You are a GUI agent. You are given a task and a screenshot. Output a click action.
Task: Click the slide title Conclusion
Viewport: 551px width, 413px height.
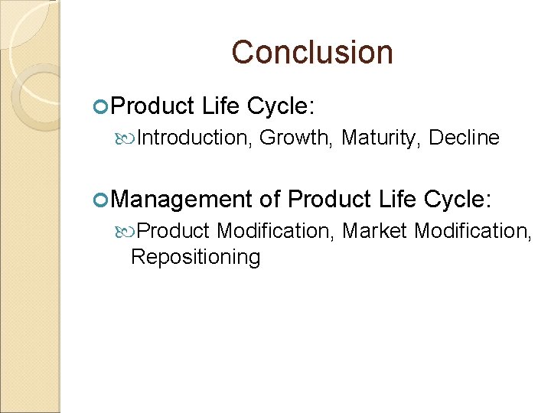(x=312, y=53)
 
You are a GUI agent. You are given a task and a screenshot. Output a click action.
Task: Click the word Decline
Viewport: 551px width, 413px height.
(x=464, y=138)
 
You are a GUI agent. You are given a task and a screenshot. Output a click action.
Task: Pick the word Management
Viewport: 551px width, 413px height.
(x=181, y=200)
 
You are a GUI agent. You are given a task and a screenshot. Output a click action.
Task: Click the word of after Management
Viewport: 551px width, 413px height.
(x=270, y=200)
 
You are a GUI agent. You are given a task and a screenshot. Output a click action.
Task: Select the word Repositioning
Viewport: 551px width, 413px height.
(x=195, y=257)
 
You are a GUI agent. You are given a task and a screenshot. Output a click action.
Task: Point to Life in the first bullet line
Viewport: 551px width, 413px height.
(x=222, y=106)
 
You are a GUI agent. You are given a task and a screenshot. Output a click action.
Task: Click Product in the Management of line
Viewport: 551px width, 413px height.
(x=329, y=200)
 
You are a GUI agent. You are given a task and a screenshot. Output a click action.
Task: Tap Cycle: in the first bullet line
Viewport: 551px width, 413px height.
(x=281, y=106)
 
